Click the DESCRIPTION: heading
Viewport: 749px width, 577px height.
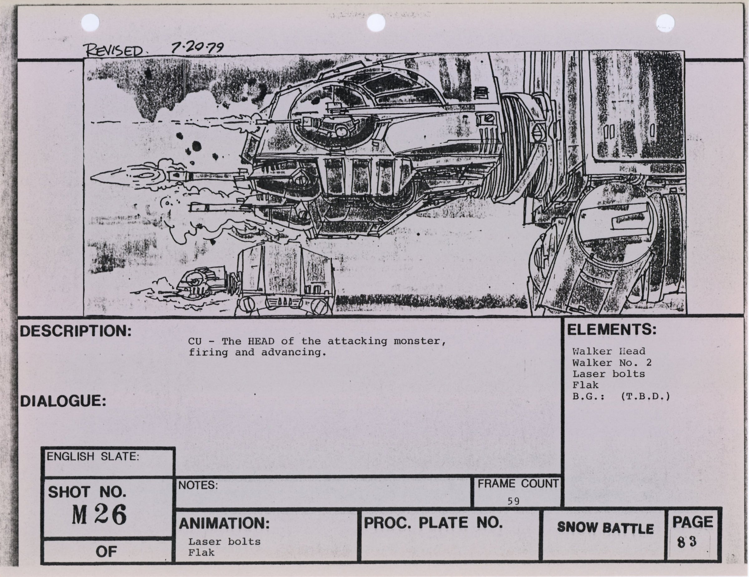[x=76, y=331]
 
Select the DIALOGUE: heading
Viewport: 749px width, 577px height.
[x=63, y=401]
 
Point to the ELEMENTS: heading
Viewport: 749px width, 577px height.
[x=611, y=330]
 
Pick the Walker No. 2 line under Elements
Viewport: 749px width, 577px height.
[x=611, y=363]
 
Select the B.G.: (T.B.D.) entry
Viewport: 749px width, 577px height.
[x=621, y=397]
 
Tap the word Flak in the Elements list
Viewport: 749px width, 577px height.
[x=585, y=385]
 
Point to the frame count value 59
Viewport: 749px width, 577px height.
[x=513, y=501]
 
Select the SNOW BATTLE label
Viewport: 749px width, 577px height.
[x=605, y=528]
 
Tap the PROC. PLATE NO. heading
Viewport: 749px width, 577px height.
[x=433, y=523]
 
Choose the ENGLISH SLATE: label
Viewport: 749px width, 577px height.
[x=93, y=457]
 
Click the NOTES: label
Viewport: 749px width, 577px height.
[x=198, y=485]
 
